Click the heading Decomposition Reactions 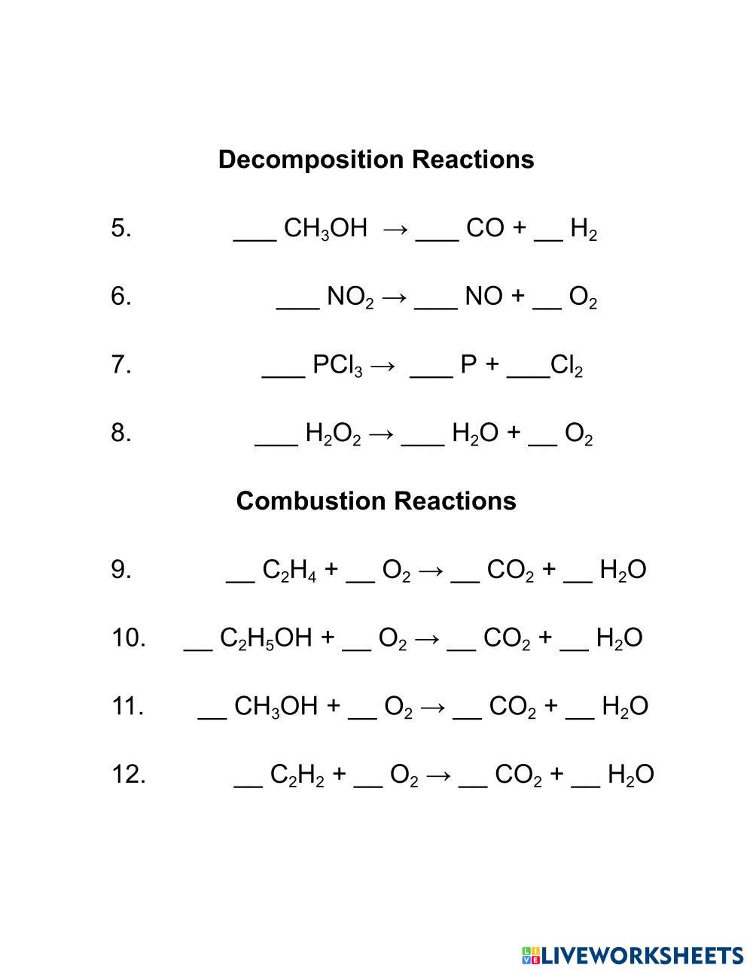point(376,160)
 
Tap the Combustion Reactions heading point(376,501)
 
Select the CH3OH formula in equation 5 point(325,228)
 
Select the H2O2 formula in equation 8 point(334,434)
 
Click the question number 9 point(121,570)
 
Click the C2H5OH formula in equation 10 point(266,639)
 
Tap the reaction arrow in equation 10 point(426,638)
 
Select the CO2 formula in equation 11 point(513,708)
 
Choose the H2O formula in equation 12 point(630,775)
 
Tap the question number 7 point(121,365)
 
